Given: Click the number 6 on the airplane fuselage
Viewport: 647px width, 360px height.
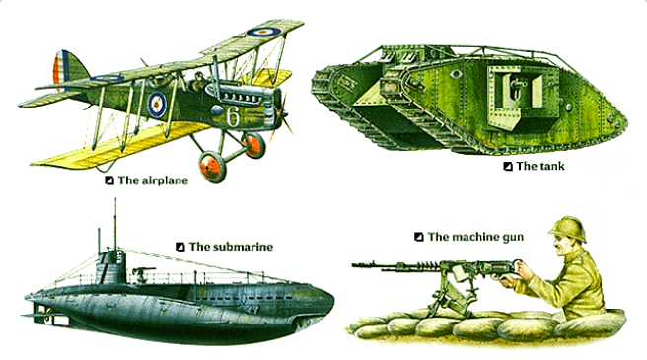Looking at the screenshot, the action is pyautogui.click(x=233, y=116).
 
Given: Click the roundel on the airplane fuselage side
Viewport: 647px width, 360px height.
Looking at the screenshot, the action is pyautogui.click(x=157, y=104).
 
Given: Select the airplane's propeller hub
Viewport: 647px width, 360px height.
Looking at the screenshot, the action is pyautogui.click(x=285, y=111).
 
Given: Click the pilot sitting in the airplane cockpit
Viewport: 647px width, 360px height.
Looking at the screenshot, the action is pyautogui.click(x=197, y=81).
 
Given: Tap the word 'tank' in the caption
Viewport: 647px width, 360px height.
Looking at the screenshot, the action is pyautogui.click(x=551, y=166).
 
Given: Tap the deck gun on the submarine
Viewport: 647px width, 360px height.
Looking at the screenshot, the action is pyautogui.click(x=143, y=272).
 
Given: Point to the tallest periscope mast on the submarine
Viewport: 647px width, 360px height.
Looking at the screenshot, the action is pyautogui.click(x=115, y=224).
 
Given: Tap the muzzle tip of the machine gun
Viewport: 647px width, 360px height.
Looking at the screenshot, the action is pyautogui.click(x=354, y=265).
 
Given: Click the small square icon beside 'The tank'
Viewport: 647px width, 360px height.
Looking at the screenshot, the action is pyautogui.click(x=508, y=166).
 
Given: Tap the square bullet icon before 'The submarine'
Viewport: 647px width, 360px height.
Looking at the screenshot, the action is pyautogui.click(x=180, y=247).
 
